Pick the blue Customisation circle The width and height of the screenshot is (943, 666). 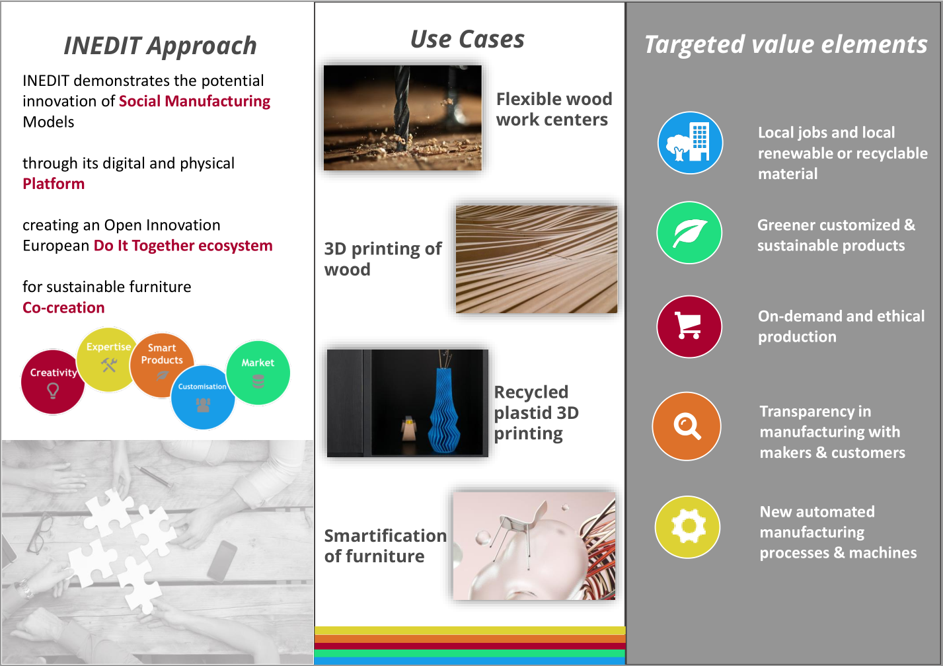203,397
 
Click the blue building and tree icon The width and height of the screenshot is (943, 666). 690,143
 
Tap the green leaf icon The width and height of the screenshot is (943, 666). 689,233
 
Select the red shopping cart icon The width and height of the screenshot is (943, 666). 689,326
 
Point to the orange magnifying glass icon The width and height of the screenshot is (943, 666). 687,426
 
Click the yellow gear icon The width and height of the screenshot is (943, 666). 687,527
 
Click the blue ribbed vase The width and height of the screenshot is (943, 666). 445,410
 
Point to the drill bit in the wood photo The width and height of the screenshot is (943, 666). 401,108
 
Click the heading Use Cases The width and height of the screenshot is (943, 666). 467,40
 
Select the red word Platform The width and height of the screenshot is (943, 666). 54,184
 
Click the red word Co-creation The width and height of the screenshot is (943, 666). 63,308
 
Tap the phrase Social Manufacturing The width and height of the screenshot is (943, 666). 194,102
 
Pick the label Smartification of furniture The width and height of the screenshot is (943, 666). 385,546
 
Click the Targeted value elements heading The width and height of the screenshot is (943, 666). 786,45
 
